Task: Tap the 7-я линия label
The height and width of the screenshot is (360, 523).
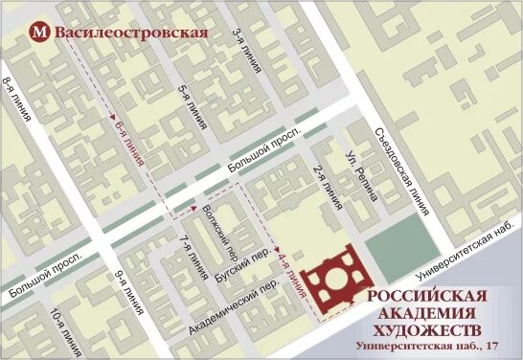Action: tap(189, 257)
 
